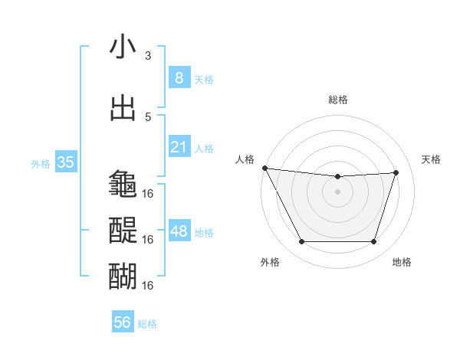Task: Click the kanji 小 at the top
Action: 123,47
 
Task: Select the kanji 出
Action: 123,108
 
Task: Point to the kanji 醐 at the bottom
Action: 123,273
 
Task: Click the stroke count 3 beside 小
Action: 148,56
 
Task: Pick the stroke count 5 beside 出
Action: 148,116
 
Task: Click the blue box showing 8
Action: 179,77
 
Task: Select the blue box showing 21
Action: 179,147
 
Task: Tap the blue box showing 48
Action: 179,231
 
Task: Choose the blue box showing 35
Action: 65,162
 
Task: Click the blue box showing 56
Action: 123,322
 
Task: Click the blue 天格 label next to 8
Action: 204,79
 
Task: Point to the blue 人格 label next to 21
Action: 204,149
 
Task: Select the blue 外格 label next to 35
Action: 41,164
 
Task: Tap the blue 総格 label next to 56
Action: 147,324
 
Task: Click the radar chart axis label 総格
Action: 337,100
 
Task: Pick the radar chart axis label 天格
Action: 432,159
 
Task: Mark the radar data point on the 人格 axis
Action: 264,168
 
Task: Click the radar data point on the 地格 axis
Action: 373,242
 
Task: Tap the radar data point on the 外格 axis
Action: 301,242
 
